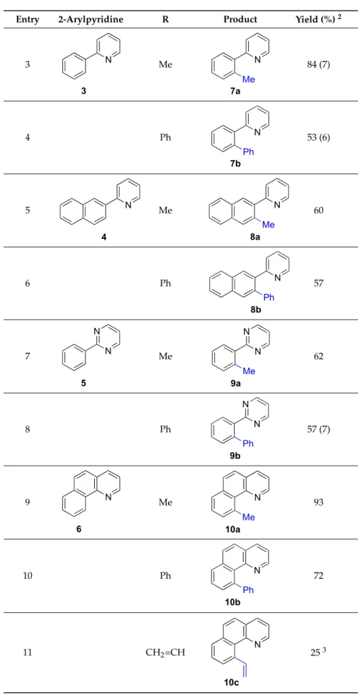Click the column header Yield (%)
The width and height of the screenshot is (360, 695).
coord(312,20)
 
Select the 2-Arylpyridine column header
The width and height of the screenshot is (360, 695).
coord(91,20)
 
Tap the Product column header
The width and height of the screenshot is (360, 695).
coord(240,20)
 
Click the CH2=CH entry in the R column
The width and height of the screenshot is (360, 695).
coord(165,652)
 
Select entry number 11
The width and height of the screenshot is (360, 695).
coord(28,652)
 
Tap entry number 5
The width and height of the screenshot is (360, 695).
coord(28,210)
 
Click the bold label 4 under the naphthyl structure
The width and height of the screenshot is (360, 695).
coord(103,237)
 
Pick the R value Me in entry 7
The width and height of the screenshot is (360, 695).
coord(165,356)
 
